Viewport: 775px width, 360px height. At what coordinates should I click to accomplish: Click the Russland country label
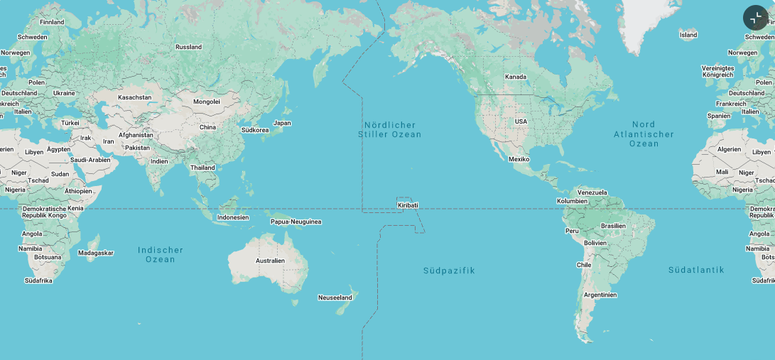(188, 47)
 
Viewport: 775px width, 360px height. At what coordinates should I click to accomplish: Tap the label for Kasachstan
(134, 97)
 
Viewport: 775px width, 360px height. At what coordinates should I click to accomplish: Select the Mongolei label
(207, 102)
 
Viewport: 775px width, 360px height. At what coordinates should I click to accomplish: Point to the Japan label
(282, 123)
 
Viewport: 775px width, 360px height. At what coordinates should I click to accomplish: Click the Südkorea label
(255, 130)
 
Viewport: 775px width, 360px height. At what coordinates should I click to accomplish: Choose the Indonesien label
(233, 217)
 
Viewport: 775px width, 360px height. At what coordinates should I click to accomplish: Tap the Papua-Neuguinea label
(296, 222)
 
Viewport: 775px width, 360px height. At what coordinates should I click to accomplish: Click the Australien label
(270, 261)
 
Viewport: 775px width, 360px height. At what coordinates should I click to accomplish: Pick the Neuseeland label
(335, 298)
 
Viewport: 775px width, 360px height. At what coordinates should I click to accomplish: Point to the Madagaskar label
(96, 253)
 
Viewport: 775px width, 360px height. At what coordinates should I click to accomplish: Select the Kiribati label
(408, 205)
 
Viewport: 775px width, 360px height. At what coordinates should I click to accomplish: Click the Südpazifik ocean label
(449, 271)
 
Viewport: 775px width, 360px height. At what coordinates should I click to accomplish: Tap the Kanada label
(516, 77)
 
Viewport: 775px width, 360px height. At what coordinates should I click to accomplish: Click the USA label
(521, 121)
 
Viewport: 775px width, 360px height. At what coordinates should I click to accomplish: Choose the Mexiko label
(519, 159)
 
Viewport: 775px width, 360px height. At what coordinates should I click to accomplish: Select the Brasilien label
(613, 226)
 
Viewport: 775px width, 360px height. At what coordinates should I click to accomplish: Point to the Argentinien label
(600, 295)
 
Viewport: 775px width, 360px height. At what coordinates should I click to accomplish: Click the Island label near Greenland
(688, 35)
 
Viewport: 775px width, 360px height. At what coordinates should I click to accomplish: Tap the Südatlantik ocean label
(696, 270)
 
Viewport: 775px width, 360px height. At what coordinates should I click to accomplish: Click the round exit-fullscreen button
(755, 18)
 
